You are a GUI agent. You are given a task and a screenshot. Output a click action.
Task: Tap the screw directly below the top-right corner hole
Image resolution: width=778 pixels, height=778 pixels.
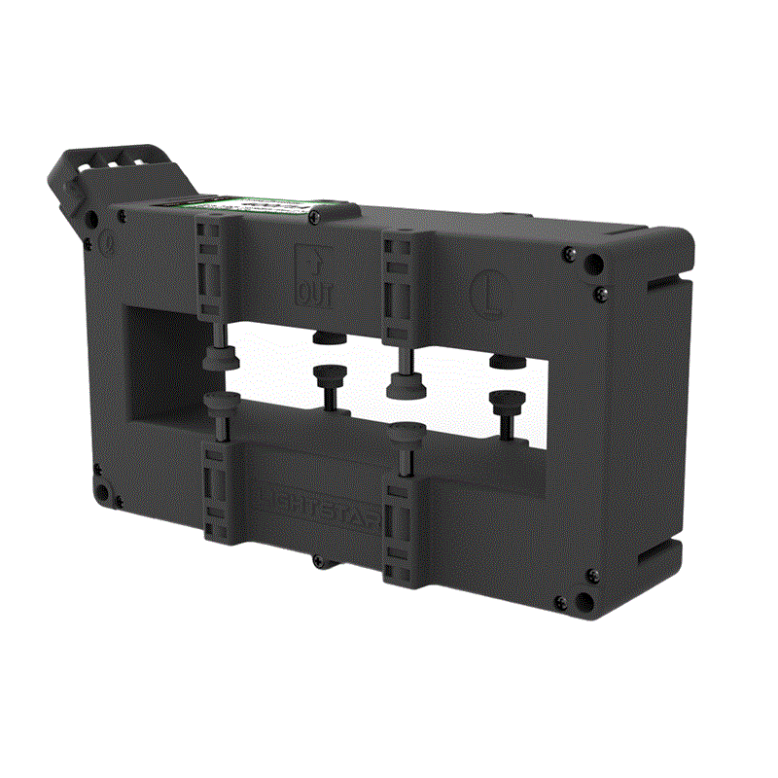596,289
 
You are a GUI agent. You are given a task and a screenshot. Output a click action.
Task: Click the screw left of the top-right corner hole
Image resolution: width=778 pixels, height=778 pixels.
567,256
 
